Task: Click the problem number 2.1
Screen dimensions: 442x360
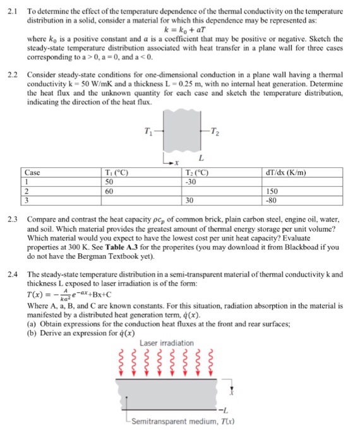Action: tap(11, 12)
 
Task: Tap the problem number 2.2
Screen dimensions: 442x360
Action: tap(11, 74)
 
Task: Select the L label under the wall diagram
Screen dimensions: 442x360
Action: tap(200, 157)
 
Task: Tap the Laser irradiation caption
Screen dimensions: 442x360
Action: tap(167, 343)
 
